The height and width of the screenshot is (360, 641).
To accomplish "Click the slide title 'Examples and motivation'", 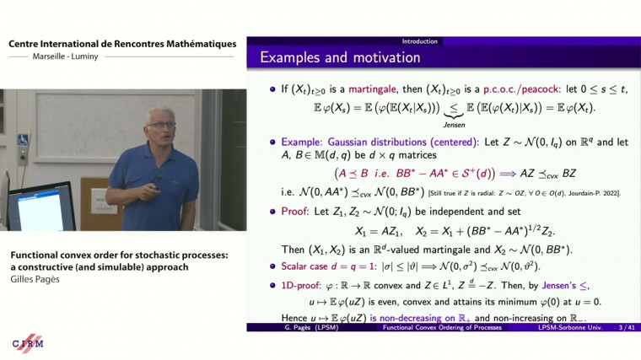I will tap(340, 58).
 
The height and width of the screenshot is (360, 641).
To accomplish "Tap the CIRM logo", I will tap(28, 343).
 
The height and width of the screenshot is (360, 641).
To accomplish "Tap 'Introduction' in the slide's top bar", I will tap(419, 40).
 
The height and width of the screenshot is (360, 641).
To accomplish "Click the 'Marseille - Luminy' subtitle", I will tap(62, 57).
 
